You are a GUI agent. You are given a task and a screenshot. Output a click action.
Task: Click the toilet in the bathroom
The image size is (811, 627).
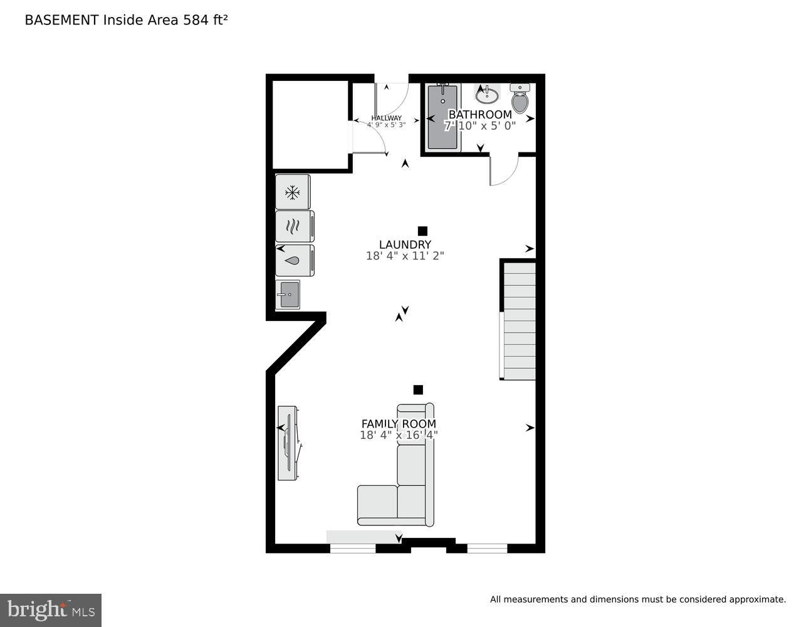pyautogui.click(x=520, y=98)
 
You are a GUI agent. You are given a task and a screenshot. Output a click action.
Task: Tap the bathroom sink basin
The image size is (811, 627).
pyautogui.click(x=487, y=96)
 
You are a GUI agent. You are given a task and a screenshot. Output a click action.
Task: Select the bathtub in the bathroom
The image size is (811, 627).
pyautogui.click(x=442, y=118)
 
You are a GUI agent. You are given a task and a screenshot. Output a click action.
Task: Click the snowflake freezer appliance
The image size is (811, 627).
pyautogui.click(x=293, y=192)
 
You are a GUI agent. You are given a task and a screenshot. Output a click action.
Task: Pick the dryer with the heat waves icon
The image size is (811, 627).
pyautogui.click(x=295, y=226)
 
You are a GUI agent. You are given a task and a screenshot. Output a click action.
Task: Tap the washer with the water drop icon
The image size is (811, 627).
pyautogui.click(x=295, y=260)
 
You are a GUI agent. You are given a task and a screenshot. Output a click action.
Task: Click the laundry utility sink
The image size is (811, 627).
pyautogui.click(x=288, y=295)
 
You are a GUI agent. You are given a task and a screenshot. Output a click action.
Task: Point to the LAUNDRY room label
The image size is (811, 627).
pyautogui.click(x=405, y=245)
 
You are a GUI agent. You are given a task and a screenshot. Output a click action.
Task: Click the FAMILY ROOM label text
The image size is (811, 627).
pyautogui.click(x=399, y=424)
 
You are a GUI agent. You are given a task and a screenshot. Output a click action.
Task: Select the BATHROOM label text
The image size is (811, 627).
pyautogui.click(x=480, y=114)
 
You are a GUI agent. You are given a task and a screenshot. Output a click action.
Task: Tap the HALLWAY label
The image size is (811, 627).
pyautogui.click(x=386, y=118)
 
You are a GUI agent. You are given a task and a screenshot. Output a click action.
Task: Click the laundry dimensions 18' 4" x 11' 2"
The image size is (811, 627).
pyautogui.click(x=405, y=256)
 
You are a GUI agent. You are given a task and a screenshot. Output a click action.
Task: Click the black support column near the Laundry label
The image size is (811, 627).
pyautogui.click(x=422, y=231)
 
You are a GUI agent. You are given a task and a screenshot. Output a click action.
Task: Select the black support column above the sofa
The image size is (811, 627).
pyautogui.click(x=418, y=389)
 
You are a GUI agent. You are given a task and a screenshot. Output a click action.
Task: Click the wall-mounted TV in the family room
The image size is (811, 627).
pyautogui.click(x=289, y=443)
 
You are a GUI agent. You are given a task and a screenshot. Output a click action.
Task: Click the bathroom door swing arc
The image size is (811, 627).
pyautogui.click(x=511, y=176)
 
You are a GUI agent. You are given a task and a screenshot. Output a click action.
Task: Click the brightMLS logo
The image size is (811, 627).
pyautogui.click(x=51, y=610)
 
